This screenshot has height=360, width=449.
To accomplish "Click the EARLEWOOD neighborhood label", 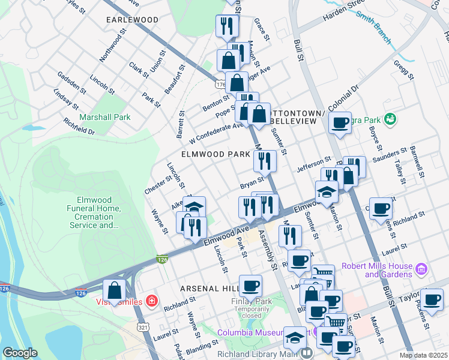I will tap(132, 20).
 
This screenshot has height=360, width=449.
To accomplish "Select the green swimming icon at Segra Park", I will tap(391, 119).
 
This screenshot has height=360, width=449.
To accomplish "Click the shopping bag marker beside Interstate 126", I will tap(114, 290).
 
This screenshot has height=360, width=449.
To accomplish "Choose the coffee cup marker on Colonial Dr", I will tap(340, 124).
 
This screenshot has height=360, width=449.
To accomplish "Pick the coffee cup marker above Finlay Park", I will tap(250, 286).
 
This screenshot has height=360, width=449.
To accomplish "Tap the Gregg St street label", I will tap(403, 69).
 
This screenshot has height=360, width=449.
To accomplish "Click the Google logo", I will tap(20, 353).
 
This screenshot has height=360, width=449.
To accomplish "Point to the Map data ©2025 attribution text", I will tap(423, 355).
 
